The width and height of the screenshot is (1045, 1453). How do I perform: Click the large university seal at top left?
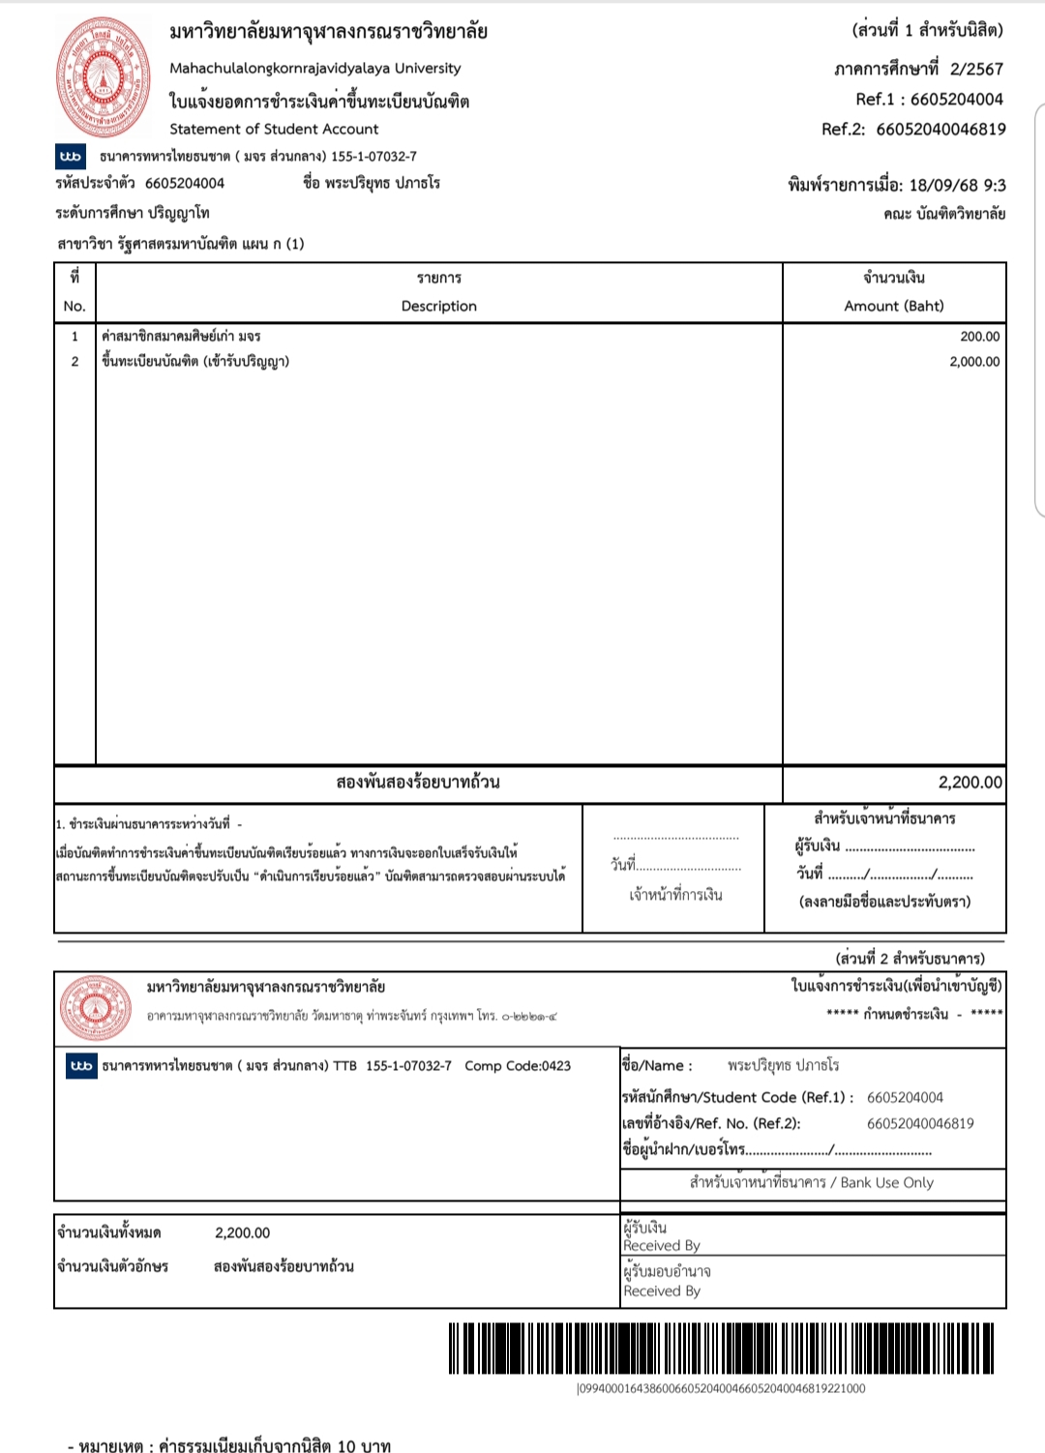click(x=104, y=77)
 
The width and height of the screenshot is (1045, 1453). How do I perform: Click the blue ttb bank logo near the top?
click(x=71, y=157)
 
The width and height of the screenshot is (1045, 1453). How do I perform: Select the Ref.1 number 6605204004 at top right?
click(x=956, y=99)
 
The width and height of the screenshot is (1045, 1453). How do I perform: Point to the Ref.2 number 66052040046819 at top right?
click(x=940, y=129)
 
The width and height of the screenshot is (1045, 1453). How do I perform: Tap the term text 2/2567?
click(x=976, y=69)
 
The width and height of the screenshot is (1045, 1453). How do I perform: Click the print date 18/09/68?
click(x=945, y=185)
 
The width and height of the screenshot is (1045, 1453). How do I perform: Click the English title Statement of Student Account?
click(x=274, y=129)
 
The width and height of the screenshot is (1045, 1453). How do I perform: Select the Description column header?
click(x=438, y=306)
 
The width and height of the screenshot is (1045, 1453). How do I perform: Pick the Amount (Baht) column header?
click(x=893, y=306)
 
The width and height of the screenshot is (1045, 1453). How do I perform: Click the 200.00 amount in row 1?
click(x=979, y=337)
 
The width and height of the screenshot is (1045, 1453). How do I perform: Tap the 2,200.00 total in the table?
click(x=970, y=782)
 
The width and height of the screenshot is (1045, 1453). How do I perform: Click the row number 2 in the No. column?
click(x=75, y=362)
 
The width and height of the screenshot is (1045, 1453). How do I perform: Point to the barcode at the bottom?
click(x=721, y=1348)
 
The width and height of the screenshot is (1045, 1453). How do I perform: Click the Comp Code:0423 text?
click(x=518, y=1065)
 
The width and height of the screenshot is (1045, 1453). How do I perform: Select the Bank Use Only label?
click(x=886, y=1182)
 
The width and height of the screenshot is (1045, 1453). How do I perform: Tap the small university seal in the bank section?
click(x=95, y=1007)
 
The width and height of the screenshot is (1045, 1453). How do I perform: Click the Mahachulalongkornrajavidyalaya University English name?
click(x=314, y=68)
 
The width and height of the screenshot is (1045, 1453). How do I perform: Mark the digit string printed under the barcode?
click(x=721, y=1388)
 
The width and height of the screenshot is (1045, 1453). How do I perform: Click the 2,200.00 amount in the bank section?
click(x=242, y=1232)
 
